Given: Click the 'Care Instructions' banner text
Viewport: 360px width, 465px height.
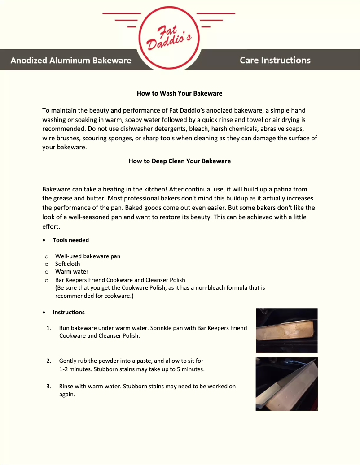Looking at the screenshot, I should click(275, 60).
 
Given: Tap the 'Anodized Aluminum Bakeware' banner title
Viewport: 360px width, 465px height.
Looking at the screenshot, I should click(71, 60).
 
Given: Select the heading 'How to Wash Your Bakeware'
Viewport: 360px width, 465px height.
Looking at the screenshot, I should click(180, 93).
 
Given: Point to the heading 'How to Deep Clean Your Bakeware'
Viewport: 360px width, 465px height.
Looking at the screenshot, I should click(180, 161).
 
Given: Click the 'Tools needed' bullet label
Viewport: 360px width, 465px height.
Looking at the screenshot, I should click(70, 240).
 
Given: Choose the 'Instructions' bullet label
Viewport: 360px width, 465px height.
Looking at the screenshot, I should click(69, 312).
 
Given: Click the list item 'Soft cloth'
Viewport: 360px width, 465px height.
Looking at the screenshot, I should click(67, 264).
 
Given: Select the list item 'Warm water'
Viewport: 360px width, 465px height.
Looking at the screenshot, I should click(72, 271).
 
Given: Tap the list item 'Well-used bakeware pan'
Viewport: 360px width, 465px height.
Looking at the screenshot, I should click(88, 256).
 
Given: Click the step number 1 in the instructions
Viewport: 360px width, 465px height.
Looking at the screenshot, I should click(48, 328).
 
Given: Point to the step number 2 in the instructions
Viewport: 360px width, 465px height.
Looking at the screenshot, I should click(48, 361).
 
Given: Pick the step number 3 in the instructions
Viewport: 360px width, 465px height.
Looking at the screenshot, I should click(48, 386).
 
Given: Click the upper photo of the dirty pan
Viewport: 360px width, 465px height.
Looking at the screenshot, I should click(286, 330).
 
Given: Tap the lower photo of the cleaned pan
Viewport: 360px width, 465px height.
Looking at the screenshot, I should click(286, 384).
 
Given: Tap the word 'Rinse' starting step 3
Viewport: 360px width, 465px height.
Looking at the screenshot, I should click(67, 386).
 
